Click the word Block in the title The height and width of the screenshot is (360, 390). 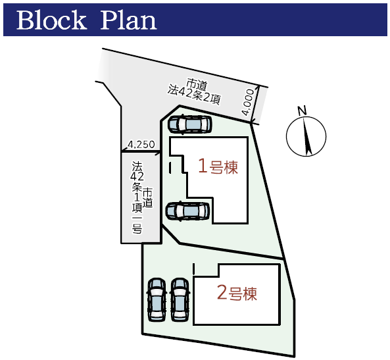(x=51, y=20)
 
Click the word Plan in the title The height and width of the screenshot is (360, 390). (x=128, y=20)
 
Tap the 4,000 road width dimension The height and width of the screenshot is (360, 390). (x=248, y=102)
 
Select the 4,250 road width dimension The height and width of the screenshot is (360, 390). (x=141, y=144)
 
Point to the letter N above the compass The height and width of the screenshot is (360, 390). (x=302, y=111)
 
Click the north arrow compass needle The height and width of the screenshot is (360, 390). (x=306, y=136)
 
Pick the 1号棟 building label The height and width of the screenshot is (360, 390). (x=218, y=167)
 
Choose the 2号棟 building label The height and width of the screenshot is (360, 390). (x=237, y=294)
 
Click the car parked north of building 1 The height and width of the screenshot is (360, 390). (x=190, y=124)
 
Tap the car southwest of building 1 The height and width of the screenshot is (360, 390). (x=188, y=211)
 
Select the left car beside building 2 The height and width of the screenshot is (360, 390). (x=157, y=299)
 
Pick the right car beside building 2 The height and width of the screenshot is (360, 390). (x=180, y=299)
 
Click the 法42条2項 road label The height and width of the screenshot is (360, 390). (x=194, y=95)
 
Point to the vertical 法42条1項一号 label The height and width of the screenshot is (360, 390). (x=137, y=197)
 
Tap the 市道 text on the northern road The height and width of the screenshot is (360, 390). (x=197, y=84)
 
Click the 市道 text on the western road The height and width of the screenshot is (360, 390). (x=147, y=197)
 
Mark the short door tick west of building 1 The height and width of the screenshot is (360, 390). (x=170, y=168)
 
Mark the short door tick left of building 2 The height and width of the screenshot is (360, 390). (x=194, y=269)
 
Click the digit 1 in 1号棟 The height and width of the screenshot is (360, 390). (x=203, y=167)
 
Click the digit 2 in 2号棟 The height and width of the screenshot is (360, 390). (x=222, y=293)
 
